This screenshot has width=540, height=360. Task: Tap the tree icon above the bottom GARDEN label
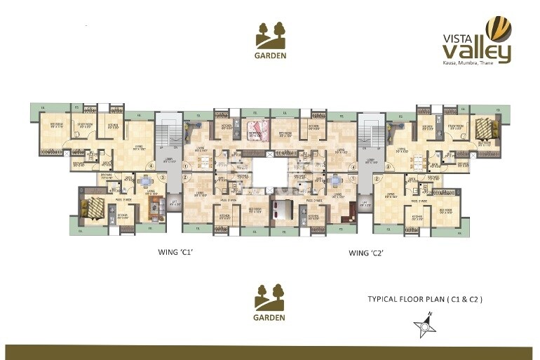tap(270, 296)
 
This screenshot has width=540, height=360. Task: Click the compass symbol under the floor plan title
tap(424, 325)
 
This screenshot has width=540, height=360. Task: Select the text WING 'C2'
tap(369, 251)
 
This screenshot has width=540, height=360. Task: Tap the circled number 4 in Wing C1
tap(150, 166)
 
